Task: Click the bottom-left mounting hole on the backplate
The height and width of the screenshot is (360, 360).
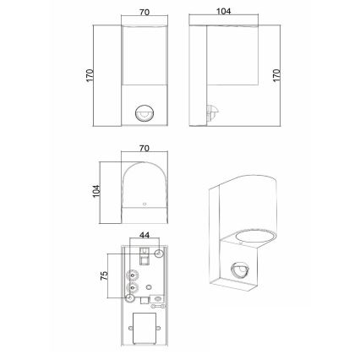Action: click(x=131, y=297)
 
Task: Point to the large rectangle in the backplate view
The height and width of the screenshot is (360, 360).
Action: click(x=144, y=331)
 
